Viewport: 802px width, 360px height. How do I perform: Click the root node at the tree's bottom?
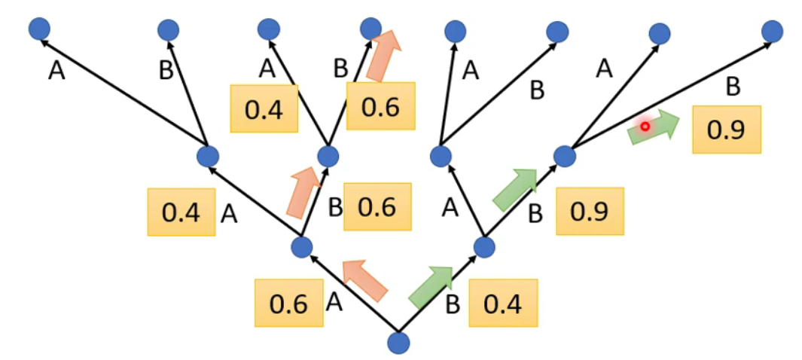point(398,343)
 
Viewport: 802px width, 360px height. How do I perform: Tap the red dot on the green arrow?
point(645,127)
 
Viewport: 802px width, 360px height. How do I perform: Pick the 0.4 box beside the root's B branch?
point(503,304)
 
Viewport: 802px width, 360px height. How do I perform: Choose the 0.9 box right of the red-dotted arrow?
point(727,129)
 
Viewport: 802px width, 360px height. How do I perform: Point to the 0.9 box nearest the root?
point(590,210)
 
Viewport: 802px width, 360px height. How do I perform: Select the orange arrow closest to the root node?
point(365,279)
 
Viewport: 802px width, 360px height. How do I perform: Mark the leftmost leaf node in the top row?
point(39,29)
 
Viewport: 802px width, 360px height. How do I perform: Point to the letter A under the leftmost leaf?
point(56,71)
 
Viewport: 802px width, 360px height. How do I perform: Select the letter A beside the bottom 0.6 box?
point(334,302)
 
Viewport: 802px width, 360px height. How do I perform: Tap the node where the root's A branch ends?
point(301,246)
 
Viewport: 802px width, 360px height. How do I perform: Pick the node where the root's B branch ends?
point(484,246)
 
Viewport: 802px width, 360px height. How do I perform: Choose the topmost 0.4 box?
point(264,109)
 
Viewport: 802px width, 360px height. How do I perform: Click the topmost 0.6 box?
point(381,106)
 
